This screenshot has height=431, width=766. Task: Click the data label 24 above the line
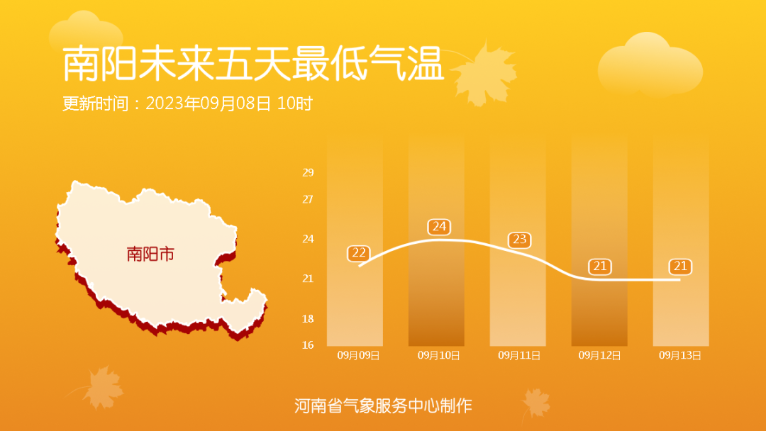(439, 226)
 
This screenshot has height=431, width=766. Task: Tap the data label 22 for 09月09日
(359, 253)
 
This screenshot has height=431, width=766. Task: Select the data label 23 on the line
(519, 240)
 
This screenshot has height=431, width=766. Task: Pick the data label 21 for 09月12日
(600, 267)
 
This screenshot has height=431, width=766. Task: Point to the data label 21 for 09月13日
(680, 267)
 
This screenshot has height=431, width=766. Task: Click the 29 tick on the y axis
(308, 172)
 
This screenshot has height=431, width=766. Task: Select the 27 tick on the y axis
(308, 199)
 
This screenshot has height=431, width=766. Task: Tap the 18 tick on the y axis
(308, 319)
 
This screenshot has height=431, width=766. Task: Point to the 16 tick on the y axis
(308, 345)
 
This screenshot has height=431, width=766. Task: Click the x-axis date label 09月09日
(358, 355)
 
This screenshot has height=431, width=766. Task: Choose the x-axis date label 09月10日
(439, 355)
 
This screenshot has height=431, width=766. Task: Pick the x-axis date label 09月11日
(519, 355)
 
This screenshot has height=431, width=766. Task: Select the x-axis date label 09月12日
(599, 355)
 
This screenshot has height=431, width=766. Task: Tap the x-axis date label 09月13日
(680, 355)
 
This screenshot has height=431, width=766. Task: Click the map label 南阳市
(150, 254)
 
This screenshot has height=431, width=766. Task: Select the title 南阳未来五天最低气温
(253, 64)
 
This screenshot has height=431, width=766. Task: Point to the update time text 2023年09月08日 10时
(228, 103)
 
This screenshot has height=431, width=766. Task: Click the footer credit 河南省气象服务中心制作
(383, 405)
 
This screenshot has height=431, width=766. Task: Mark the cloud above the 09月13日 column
(650, 65)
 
